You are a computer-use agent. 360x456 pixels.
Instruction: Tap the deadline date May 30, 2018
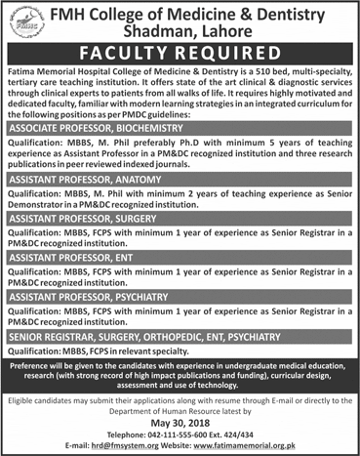pos(180,425)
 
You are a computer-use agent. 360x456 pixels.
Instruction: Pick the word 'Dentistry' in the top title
pos(300,11)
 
